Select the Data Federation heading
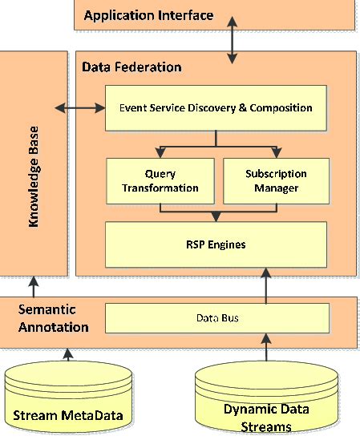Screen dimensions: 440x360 (x=131, y=67)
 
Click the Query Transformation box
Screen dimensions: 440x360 (x=160, y=181)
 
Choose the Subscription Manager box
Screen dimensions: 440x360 (x=274, y=181)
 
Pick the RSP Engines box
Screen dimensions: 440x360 (x=217, y=243)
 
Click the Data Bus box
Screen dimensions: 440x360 (x=217, y=318)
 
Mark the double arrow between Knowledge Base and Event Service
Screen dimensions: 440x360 (x=78, y=107)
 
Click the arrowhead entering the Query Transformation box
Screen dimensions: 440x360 (x=161, y=152)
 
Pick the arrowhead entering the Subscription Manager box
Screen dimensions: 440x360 (x=276, y=152)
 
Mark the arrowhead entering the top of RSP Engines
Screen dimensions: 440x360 (x=217, y=216)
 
